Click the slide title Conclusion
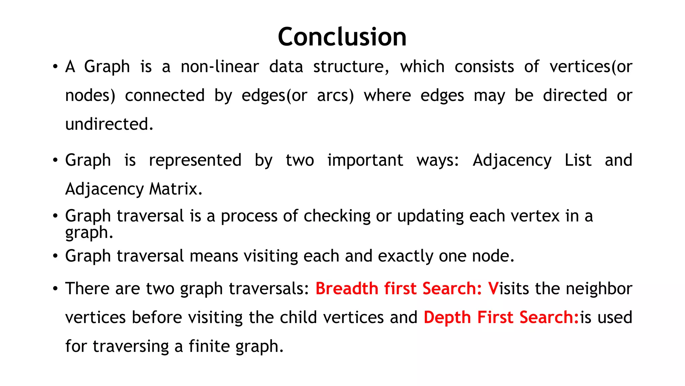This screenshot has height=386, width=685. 342,37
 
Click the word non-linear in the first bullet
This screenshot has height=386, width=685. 220,66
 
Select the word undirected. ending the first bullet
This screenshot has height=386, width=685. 109,124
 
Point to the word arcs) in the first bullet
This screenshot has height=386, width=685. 335,95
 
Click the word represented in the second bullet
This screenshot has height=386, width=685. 195,160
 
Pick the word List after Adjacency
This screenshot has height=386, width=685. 578,160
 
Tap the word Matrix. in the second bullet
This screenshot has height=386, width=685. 176,189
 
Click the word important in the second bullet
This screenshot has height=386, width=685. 365,160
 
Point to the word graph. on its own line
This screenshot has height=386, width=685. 89,233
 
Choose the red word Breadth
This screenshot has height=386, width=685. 347,288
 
